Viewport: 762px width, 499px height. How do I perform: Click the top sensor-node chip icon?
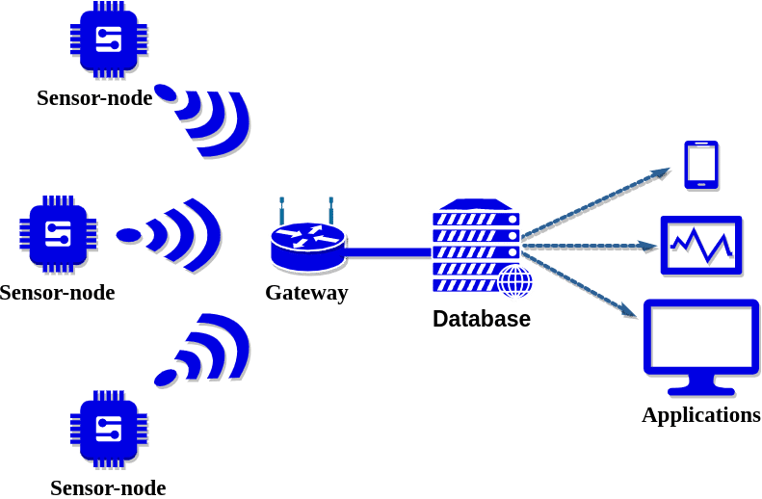click(x=109, y=39)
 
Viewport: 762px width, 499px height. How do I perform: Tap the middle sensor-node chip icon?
click(x=58, y=234)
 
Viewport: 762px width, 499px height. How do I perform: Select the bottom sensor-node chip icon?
click(x=109, y=429)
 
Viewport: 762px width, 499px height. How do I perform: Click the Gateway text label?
click(x=306, y=293)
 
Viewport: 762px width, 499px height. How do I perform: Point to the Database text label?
click(x=482, y=319)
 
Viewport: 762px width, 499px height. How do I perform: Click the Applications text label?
click(x=701, y=415)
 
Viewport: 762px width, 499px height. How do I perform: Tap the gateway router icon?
click(x=308, y=235)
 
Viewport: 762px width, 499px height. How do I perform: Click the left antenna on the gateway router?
click(x=281, y=210)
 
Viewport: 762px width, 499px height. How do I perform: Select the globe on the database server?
click(x=515, y=280)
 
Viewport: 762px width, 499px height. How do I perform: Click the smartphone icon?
click(x=701, y=165)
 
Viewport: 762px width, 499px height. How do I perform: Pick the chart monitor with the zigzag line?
click(x=701, y=246)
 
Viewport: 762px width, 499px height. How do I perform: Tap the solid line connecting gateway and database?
click(x=388, y=252)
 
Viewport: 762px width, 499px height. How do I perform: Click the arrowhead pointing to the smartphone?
click(x=662, y=173)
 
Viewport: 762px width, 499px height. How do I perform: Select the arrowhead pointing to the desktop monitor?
click(x=629, y=310)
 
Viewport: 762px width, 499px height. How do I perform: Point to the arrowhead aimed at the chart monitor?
click(x=648, y=246)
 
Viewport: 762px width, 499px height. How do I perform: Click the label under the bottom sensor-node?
click(x=108, y=487)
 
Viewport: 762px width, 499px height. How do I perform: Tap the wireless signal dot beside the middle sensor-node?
click(x=129, y=235)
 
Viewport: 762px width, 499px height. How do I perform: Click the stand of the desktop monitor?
click(x=701, y=385)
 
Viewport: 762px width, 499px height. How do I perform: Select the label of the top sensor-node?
click(x=94, y=97)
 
